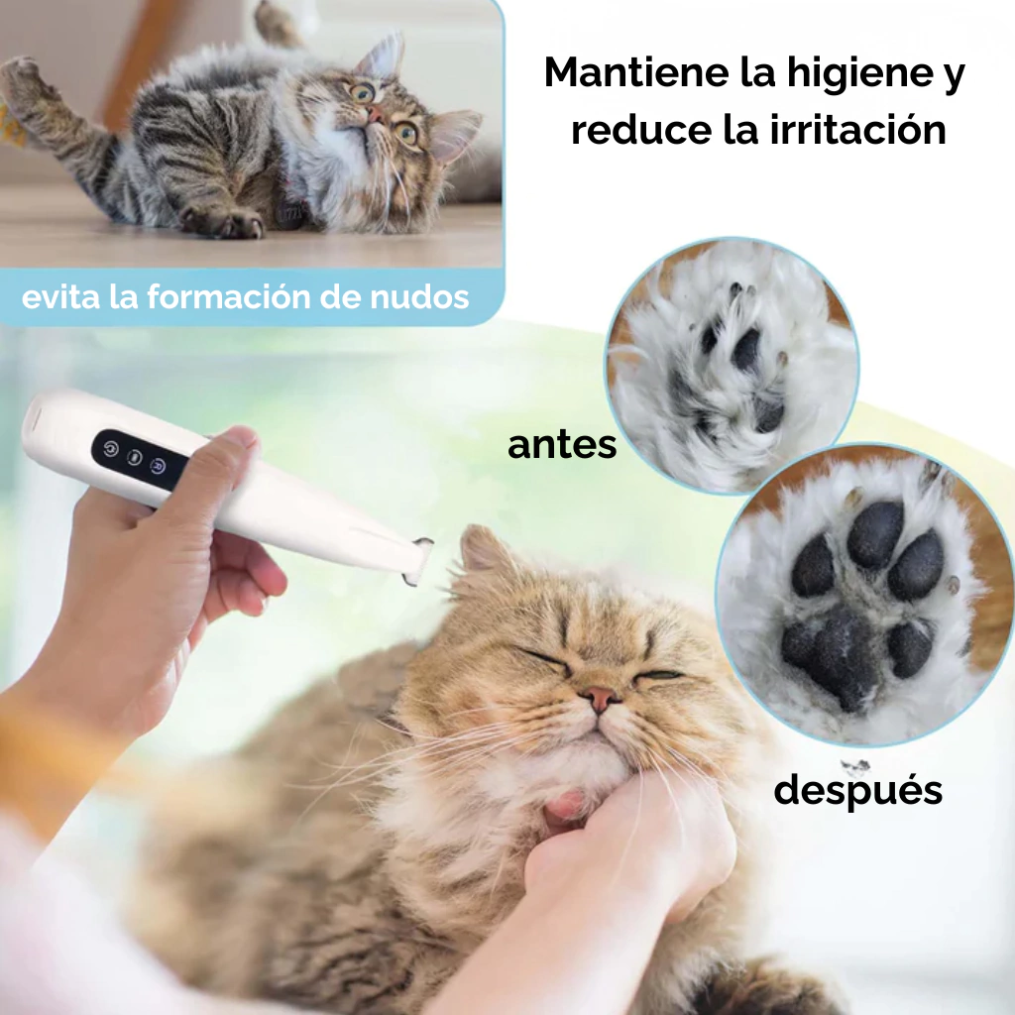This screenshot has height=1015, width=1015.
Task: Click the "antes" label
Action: pyautogui.click(x=562, y=445)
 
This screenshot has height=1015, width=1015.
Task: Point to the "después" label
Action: pyautogui.click(x=857, y=791)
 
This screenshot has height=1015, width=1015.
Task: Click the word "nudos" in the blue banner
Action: pyautogui.click(x=419, y=297)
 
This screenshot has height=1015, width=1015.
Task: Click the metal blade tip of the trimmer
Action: pyautogui.click(x=417, y=560)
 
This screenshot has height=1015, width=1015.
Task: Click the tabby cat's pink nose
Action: pyautogui.click(x=374, y=115)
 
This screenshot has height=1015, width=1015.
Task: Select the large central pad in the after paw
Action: pyautogui.click(x=835, y=654)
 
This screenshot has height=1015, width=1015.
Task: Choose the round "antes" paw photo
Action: pyautogui.click(x=733, y=366)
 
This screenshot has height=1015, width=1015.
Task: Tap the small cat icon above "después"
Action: pyautogui.click(x=855, y=767)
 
